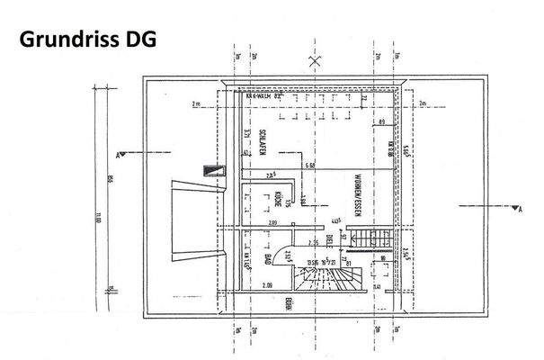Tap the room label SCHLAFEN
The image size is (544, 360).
coord(254,139)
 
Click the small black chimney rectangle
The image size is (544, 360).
coord(212,171)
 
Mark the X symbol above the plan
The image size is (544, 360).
coord(314,62)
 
